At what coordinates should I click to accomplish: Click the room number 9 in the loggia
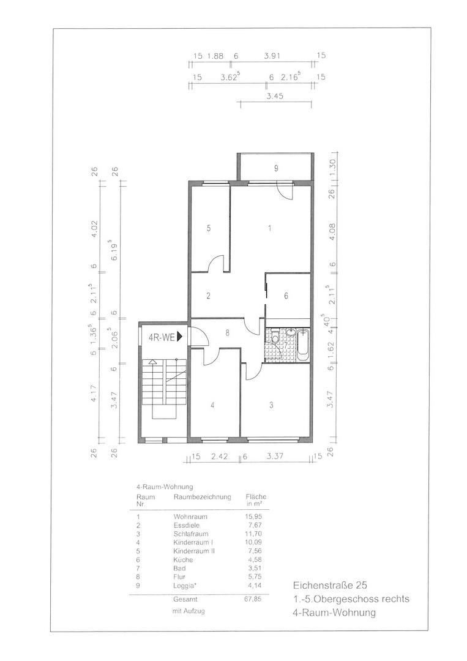pos(276,167)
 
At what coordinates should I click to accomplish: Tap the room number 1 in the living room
pos(269,228)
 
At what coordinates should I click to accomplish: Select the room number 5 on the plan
pos(209,228)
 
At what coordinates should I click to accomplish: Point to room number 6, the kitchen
pos(286,296)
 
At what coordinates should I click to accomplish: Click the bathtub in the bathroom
pos(304,346)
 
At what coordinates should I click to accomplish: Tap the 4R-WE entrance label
pos(163,337)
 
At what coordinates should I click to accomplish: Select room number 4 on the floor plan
pos(212,405)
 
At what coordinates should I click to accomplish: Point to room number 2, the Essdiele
pos(208,296)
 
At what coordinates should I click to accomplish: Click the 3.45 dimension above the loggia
pos(276,97)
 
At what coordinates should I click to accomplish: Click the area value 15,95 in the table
pos(253,517)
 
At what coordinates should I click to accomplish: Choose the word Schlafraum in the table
pos(190,534)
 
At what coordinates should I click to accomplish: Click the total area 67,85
pos(253,600)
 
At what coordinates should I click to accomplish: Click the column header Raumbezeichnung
pos(202,497)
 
